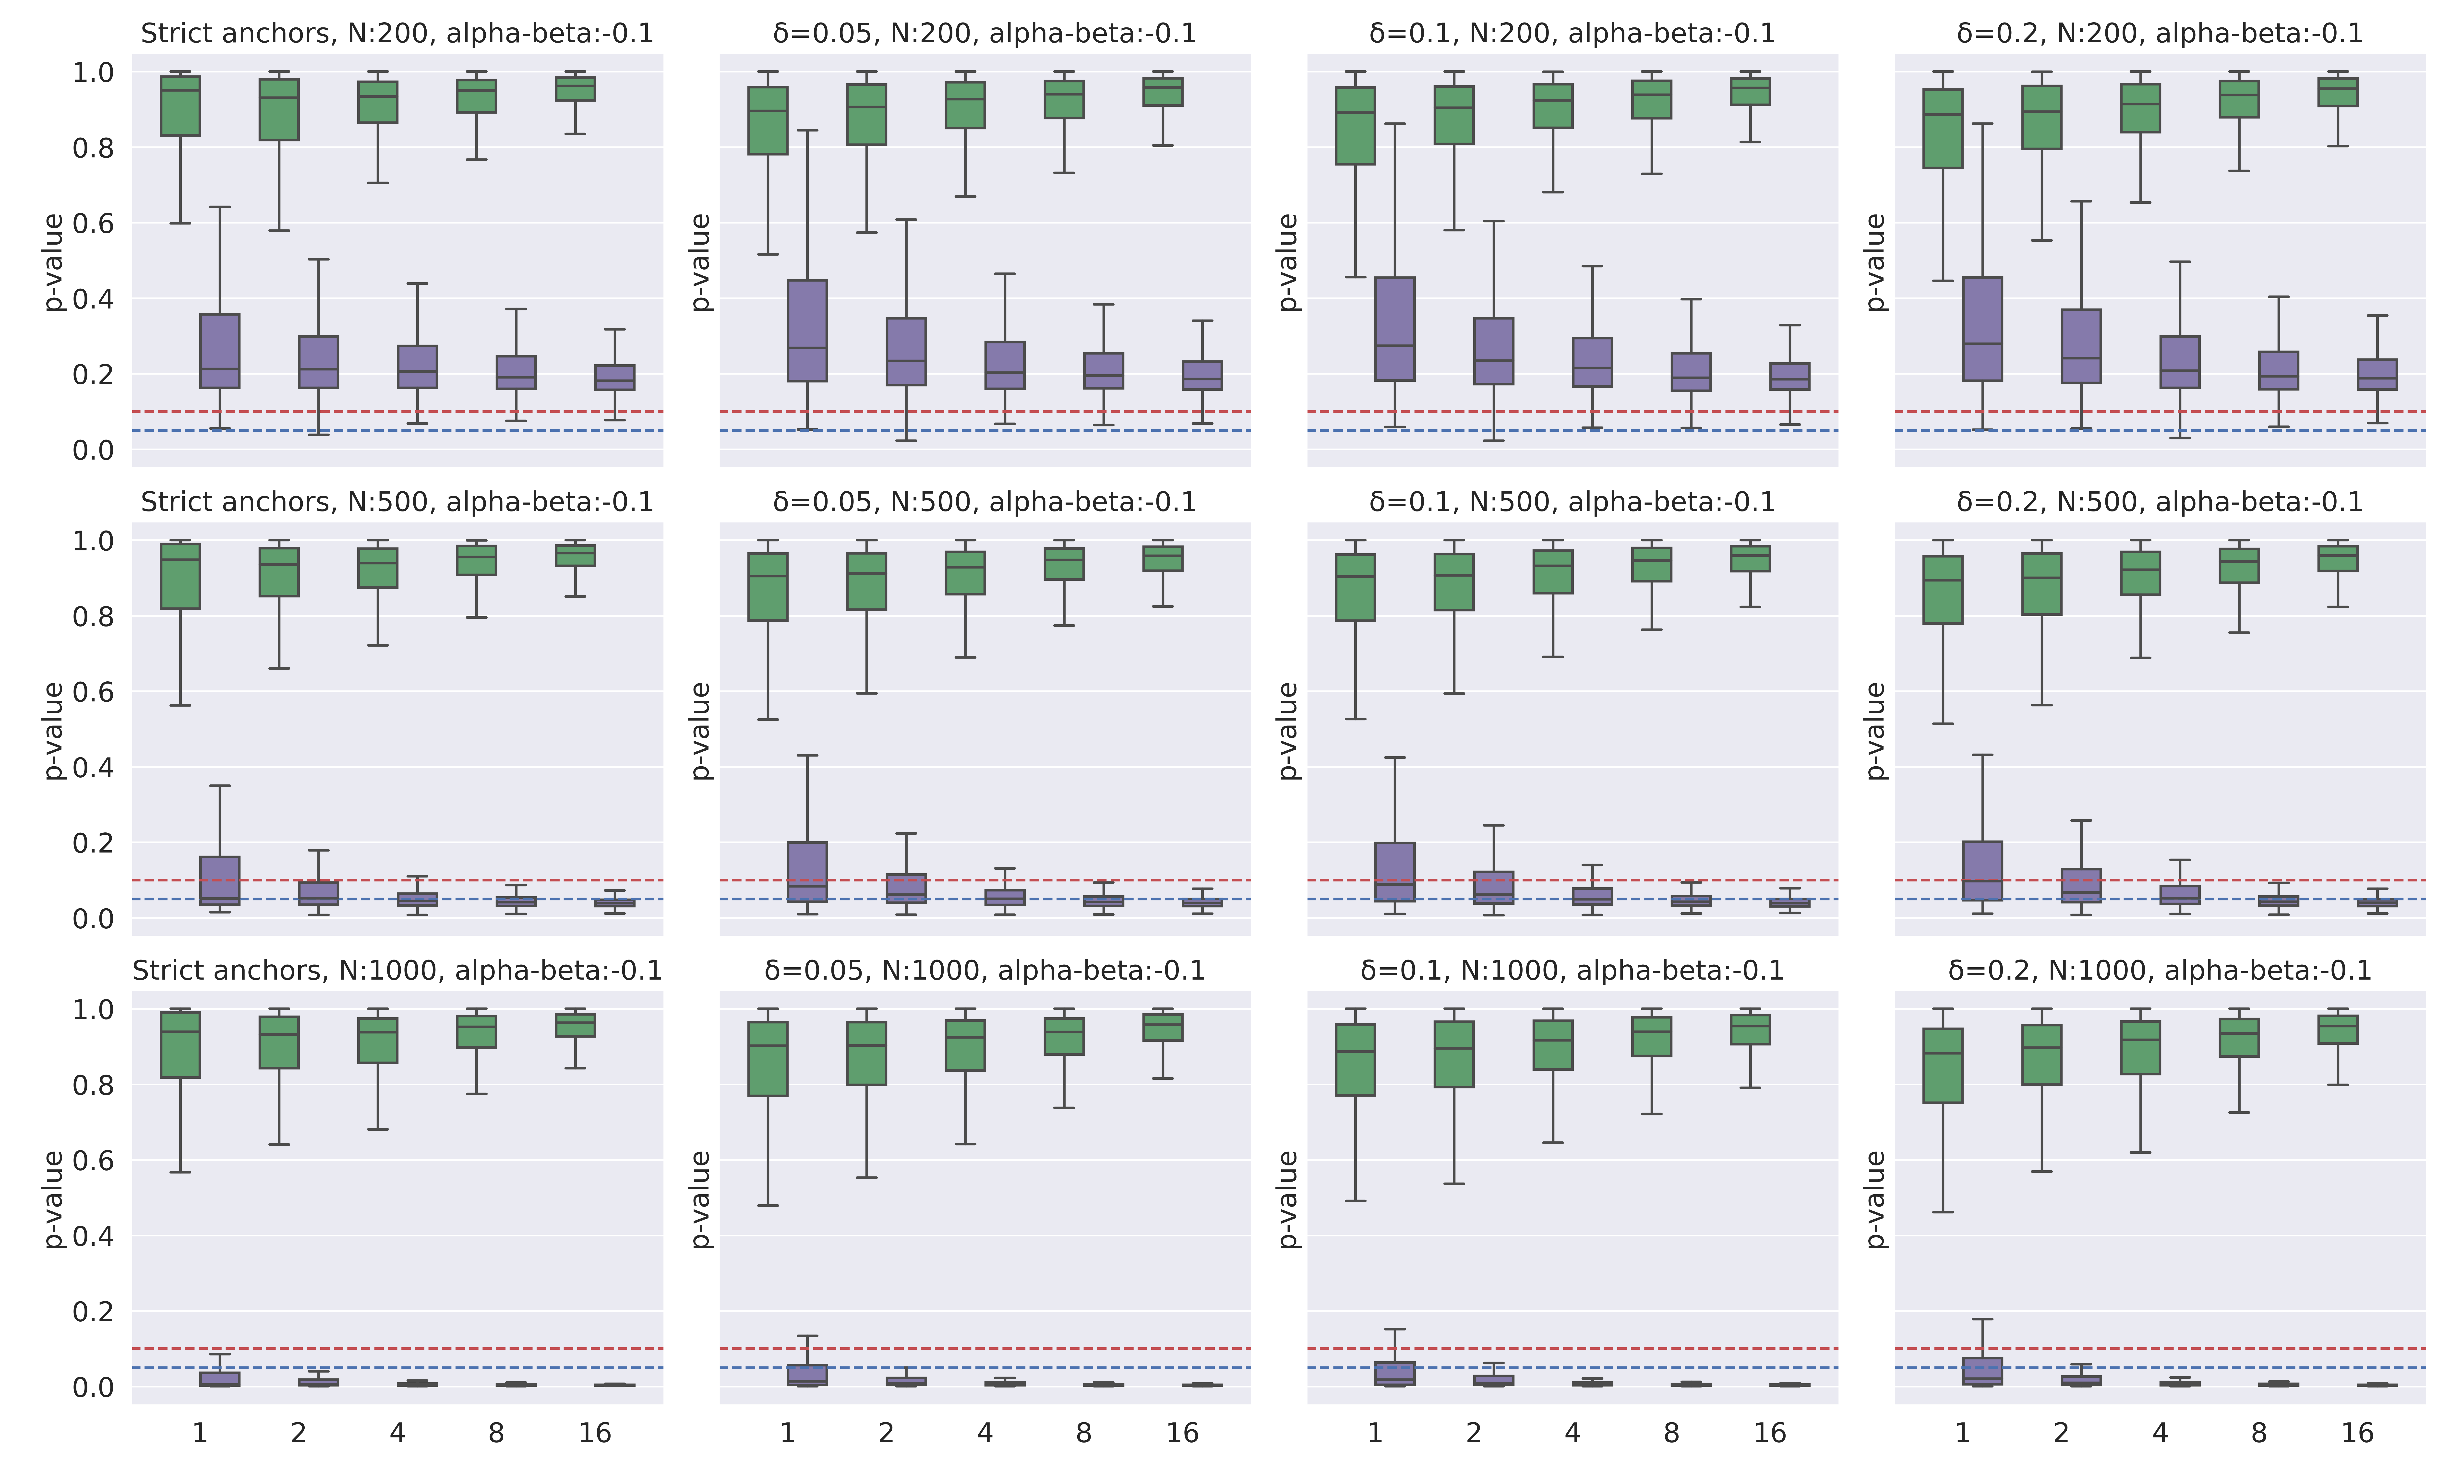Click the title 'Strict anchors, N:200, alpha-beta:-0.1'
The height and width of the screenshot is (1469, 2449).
coord(397,34)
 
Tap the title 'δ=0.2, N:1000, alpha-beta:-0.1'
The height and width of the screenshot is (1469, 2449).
coord(2160,970)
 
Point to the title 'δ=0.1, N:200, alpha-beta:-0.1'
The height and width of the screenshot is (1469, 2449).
coord(1572,34)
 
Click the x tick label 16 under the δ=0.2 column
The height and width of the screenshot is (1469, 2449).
coord(2357,1432)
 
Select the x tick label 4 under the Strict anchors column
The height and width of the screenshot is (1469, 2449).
coord(397,1432)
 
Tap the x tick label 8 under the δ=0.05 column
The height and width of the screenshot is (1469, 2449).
coord(1083,1432)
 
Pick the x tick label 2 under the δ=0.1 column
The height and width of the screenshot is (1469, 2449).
coord(1473,1432)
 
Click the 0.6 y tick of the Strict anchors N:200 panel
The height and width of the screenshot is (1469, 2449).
coord(93,224)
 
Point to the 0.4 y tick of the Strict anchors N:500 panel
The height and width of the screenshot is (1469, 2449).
coord(93,767)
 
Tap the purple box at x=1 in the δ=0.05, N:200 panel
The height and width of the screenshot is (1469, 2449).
coord(807,331)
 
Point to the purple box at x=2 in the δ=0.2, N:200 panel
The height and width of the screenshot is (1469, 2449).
coord(2081,346)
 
